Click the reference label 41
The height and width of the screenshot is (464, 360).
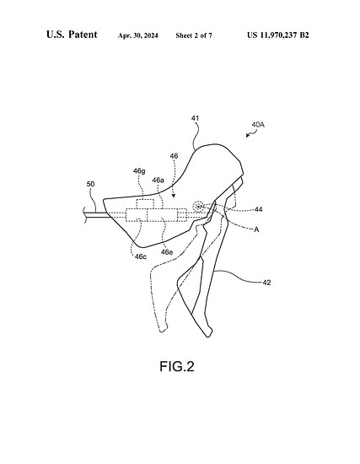tap(195, 118)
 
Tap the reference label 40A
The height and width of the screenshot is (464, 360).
tap(258, 125)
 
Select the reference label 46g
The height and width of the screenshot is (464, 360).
tap(139, 171)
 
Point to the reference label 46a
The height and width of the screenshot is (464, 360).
tap(158, 180)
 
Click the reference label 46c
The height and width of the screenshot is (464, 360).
tap(141, 256)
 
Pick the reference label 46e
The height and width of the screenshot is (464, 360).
tap(167, 252)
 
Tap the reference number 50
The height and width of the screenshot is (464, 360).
tap(90, 184)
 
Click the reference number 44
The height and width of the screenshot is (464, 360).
tap(259, 209)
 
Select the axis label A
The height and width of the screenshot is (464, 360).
tap(256, 229)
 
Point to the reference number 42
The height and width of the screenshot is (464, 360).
tap(266, 283)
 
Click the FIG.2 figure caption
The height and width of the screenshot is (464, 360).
tap(177, 366)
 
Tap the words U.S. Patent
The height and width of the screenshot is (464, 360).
tap(72, 35)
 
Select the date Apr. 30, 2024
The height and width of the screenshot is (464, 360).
tap(138, 35)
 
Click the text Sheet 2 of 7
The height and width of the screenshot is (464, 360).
tap(194, 35)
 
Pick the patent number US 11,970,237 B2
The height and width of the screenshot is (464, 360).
tap(278, 35)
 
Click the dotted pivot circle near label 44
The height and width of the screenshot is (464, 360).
tap(198, 206)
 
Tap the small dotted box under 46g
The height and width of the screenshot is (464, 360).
tap(145, 204)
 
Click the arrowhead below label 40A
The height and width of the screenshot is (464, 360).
tap(247, 136)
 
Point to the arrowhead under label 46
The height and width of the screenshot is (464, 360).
tap(174, 196)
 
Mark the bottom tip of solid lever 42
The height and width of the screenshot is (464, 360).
tap(208, 337)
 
